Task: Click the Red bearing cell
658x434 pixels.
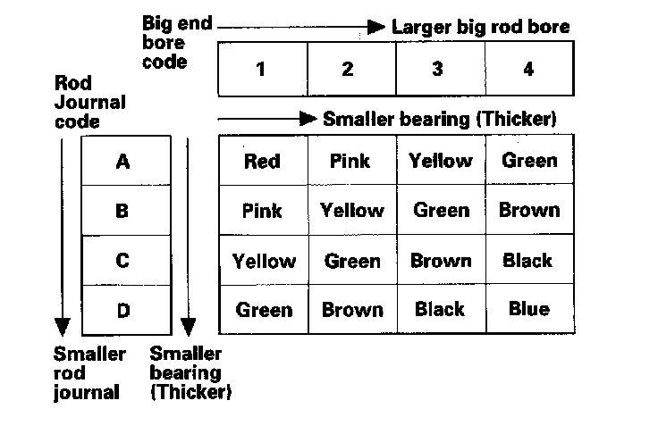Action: [262, 162]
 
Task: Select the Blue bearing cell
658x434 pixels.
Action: [528, 309]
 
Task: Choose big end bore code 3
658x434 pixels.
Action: [437, 69]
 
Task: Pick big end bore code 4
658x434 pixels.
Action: [528, 69]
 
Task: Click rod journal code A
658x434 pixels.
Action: [123, 162]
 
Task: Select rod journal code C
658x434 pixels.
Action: [123, 261]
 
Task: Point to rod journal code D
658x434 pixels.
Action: [123, 310]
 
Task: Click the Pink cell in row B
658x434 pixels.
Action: [262, 211]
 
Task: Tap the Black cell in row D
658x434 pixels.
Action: [440, 309]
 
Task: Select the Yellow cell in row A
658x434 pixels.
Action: [440, 162]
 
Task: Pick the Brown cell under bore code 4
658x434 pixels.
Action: [528, 211]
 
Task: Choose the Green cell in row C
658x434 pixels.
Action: [351, 261]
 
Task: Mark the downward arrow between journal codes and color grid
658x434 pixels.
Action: [187, 232]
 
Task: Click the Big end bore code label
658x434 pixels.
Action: [176, 42]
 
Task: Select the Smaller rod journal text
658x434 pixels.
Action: [89, 372]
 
